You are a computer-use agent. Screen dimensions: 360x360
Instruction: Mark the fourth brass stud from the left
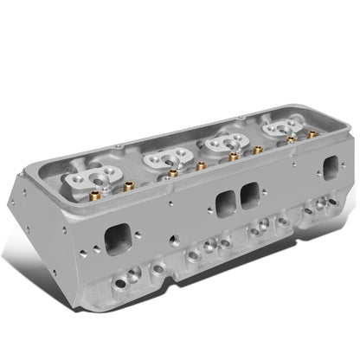(x=232, y=157)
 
